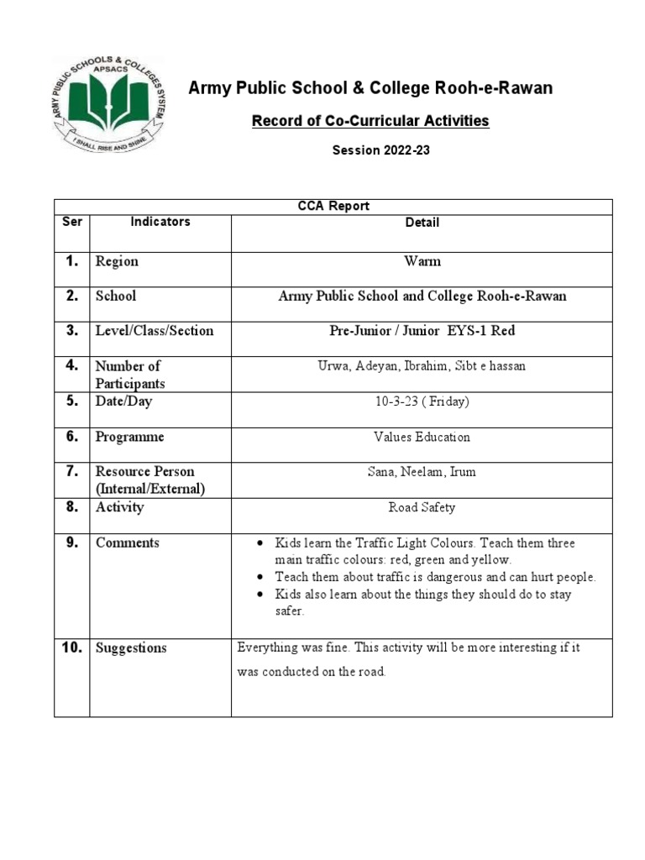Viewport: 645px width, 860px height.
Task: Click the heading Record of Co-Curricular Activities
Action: tap(370, 121)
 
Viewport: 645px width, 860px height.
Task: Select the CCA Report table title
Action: tap(333, 207)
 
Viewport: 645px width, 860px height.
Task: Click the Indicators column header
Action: tap(160, 222)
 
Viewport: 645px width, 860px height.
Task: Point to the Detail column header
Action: tap(422, 223)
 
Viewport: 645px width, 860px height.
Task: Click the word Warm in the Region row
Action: tap(422, 261)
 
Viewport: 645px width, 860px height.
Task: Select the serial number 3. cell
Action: tap(72, 330)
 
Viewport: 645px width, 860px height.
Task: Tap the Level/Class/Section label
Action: tap(155, 331)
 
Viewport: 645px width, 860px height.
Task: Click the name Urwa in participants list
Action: tap(332, 366)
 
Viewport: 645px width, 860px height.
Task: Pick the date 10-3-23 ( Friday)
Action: tap(422, 401)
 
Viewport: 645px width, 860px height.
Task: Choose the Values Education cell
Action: tap(422, 437)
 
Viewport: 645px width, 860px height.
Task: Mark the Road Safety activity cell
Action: tap(422, 507)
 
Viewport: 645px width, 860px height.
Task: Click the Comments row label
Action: tap(127, 543)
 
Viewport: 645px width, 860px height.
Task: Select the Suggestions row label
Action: tap(131, 648)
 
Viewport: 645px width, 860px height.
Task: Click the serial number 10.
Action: tap(71, 648)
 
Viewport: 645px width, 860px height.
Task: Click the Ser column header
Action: tap(71, 222)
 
